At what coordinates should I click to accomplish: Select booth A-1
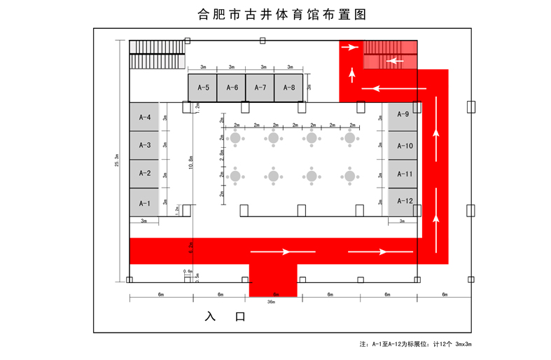pyautogui.click(x=144, y=202)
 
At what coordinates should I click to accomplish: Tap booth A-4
pyautogui.click(x=144, y=117)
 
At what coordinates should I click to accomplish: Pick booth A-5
pyautogui.click(x=203, y=88)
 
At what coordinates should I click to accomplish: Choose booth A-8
pyautogui.click(x=288, y=88)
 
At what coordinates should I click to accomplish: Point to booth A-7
pyautogui.click(x=260, y=88)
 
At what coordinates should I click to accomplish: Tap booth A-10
pyautogui.click(x=403, y=146)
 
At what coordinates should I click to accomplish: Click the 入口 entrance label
pyautogui.click(x=225, y=317)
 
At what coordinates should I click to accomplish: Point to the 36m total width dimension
pyautogui.click(x=271, y=303)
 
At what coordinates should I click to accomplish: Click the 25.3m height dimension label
pyautogui.click(x=116, y=161)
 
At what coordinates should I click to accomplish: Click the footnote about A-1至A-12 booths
pyautogui.click(x=419, y=345)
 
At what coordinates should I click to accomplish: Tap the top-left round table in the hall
pyautogui.click(x=236, y=138)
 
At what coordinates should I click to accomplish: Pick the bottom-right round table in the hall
pyautogui.click(x=349, y=175)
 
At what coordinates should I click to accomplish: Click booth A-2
pyautogui.click(x=144, y=174)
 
